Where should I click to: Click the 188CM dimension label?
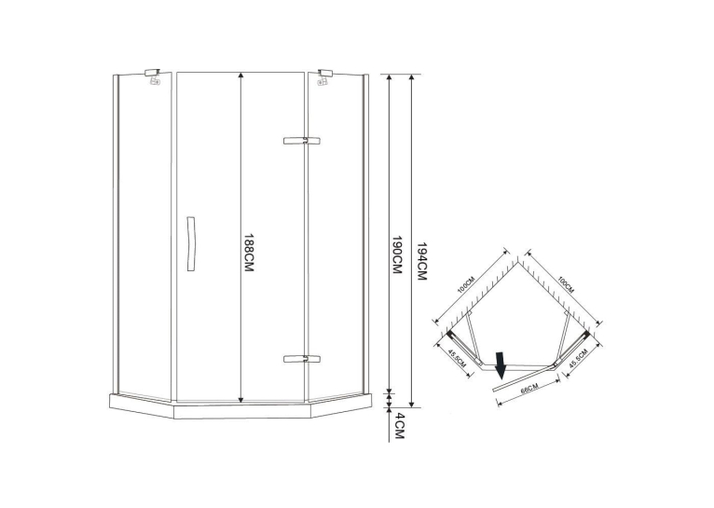pyautogui.click(x=249, y=254)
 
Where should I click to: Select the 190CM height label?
pyautogui.click(x=397, y=254)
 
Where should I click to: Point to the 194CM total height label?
pyautogui.click(x=421, y=261)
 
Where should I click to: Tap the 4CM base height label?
pyautogui.click(x=399, y=426)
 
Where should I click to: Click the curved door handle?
pyautogui.click(x=191, y=244)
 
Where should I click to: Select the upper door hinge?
pyautogui.click(x=301, y=141)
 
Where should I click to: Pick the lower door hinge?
pyautogui.click(x=301, y=359)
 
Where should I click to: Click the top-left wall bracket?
pyautogui.click(x=153, y=77)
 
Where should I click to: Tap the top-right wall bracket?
pyautogui.click(x=325, y=77)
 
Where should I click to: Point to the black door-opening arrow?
pyautogui.click(x=501, y=365)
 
